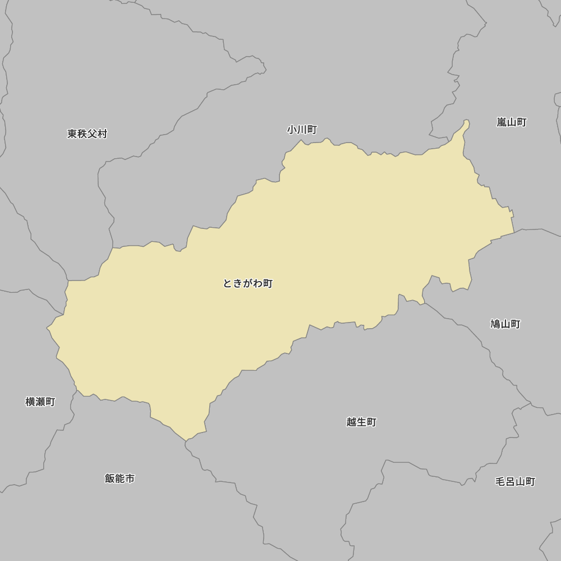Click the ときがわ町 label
247,283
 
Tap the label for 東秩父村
87,134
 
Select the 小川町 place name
302,130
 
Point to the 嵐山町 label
511,122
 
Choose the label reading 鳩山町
505,324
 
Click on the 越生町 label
361,422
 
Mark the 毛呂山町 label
515,481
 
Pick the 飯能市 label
119,479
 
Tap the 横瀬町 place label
40,402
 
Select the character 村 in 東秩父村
102,134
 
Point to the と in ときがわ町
228,283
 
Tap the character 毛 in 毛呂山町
500,481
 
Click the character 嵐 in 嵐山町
502,122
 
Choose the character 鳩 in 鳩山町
495,324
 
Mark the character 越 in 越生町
351,422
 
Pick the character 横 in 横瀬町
30,402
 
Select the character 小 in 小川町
292,130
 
